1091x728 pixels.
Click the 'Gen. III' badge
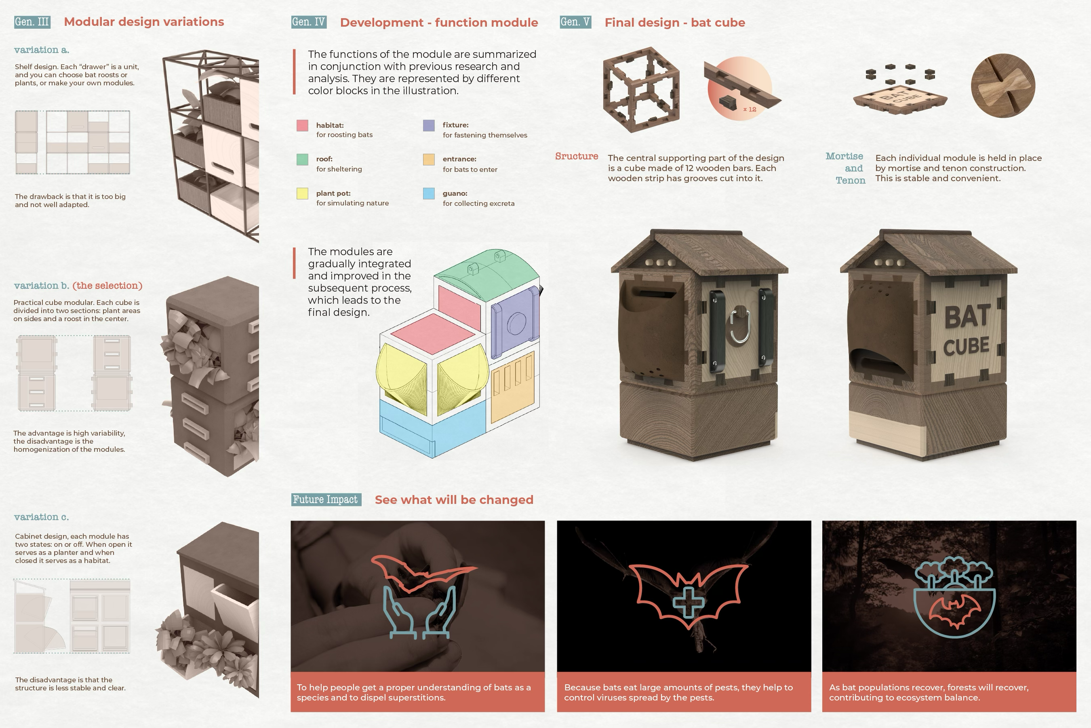pyautogui.click(x=32, y=22)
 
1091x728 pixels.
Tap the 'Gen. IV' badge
pyautogui.click(x=309, y=22)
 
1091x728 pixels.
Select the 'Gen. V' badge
pyautogui.click(x=576, y=22)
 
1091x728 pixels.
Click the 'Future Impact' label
pyautogui.click(x=326, y=499)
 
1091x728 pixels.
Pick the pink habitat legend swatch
pyautogui.click(x=302, y=125)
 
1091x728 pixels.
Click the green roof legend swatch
pyautogui.click(x=302, y=159)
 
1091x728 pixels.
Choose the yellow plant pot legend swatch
pyautogui.click(x=302, y=194)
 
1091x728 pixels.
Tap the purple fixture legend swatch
pyautogui.click(x=429, y=125)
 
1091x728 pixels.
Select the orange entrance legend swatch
pyautogui.click(x=429, y=159)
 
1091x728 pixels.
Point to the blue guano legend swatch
pyautogui.click(x=429, y=194)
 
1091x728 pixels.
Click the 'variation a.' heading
pyautogui.click(x=42, y=50)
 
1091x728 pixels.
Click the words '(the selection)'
pyautogui.click(x=107, y=286)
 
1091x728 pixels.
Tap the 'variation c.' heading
pyautogui.click(x=42, y=517)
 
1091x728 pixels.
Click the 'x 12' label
pyautogui.click(x=750, y=110)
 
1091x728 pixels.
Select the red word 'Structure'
pyautogui.click(x=577, y=156)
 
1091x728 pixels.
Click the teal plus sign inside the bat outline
pyautogui.click(x=689, y=602)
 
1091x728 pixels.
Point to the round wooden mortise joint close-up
pyautogui.click(x=1003, y=85)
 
